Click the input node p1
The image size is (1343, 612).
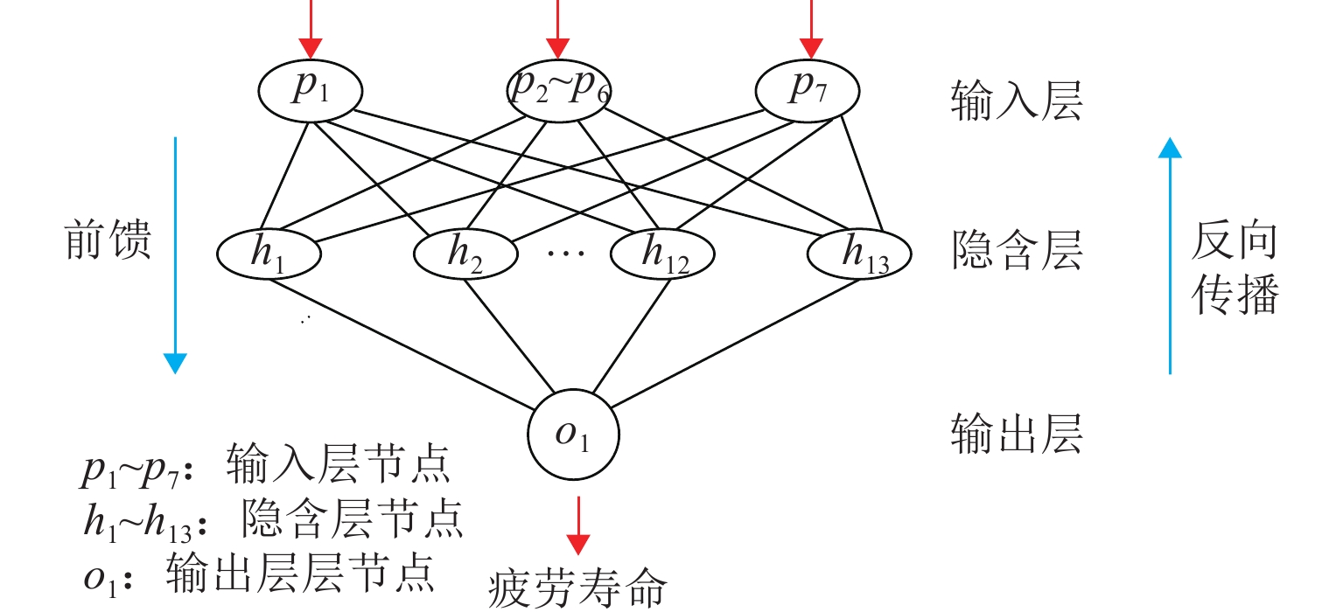pyautogui.click(x=311, y=89)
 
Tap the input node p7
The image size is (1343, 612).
pyautogui.click(x=808, y=89)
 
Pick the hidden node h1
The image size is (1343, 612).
pyautogui.click(x=269, y=253)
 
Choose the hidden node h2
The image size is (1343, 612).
pyautogui.click(x=465, y=253)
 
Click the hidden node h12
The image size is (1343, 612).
pyautogui.click(x=662, y=253)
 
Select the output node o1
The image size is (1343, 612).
pyautogui.click(x=573, y=435)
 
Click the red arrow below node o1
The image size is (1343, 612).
pyautogui.click(x=577, y=525)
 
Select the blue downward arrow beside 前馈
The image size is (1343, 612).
pyautogui.click(x=176, y=254)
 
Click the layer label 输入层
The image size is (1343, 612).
pyautogui.click(x=1017, y=102)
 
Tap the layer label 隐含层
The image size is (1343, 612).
pyautogui.click(x=1017, y=252)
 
